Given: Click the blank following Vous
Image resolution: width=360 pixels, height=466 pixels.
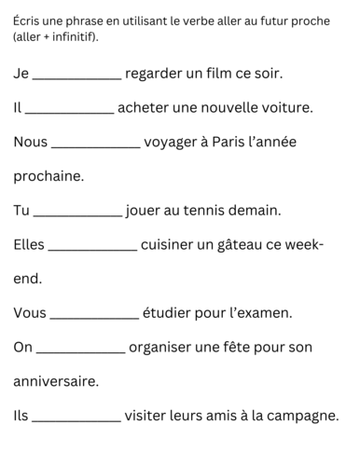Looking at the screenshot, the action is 93,319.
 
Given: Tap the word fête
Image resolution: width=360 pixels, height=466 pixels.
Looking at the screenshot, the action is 239,349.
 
